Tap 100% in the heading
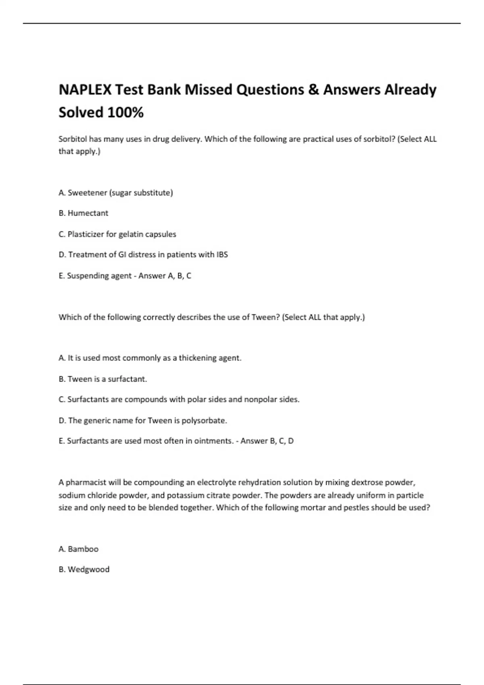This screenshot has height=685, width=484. click(125, 112)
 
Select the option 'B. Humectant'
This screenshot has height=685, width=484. click(83, 213)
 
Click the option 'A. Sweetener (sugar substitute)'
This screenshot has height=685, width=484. click(116, 193)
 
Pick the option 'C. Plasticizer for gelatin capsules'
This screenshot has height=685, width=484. click(117, 234)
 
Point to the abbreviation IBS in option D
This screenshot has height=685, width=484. click(222, 255)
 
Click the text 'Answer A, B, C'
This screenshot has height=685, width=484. click(165, 276)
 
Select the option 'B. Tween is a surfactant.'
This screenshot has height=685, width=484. click(103, 379)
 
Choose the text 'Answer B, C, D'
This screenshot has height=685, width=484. click(267, 441)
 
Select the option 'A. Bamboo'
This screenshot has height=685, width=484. click(79, 549)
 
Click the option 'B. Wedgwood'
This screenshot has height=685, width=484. click(84, 569)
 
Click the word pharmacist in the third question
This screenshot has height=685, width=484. click(86, 482)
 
